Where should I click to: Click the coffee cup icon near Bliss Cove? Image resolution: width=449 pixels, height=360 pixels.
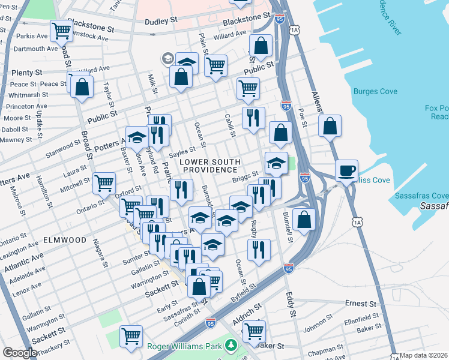coord(346,170)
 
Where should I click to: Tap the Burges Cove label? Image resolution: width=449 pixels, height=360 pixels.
coord(375,92)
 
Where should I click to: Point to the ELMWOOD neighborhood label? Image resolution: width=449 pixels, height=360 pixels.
coord(65,240)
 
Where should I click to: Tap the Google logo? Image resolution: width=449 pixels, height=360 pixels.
coord(20,353)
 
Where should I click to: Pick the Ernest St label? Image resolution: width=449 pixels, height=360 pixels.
coord(360,304)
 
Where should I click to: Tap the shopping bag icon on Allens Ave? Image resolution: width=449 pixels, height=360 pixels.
coord(330,126)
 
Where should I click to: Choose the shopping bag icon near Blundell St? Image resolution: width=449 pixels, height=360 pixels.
coord(305,218)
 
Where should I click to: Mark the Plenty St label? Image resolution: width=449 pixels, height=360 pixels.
coord(22,73)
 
